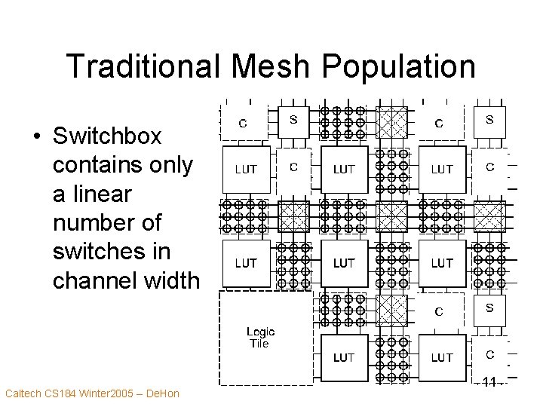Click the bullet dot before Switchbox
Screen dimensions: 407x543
coord(36,137)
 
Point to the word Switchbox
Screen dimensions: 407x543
coord(108,136)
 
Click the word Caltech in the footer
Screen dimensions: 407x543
coord(24,393)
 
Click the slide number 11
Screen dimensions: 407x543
coord(489,382)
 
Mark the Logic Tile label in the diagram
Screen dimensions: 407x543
coord(260,337)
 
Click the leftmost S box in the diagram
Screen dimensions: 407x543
coord(293,119)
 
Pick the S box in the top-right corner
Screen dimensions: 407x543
coord(489,119)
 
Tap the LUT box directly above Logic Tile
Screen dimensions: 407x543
coord(246,263)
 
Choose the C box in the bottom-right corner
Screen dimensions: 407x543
coord(489,354)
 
